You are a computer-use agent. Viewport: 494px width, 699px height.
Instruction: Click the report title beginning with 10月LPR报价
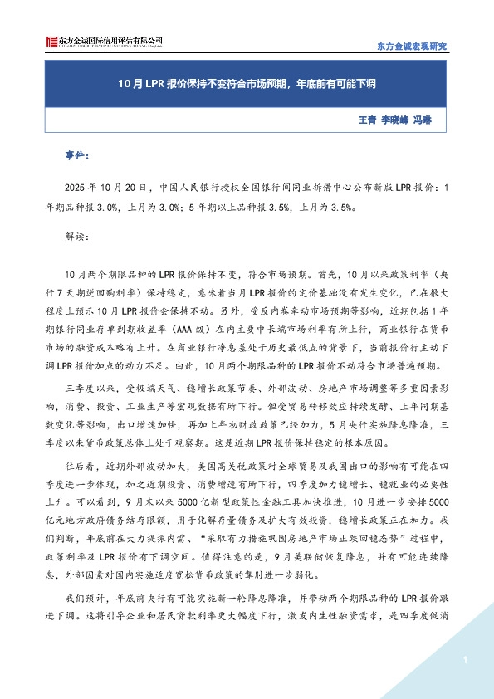coord(246,84)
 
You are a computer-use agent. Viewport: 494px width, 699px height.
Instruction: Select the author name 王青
coord(365,120)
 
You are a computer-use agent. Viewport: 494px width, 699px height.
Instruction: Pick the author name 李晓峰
coord(398,120)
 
